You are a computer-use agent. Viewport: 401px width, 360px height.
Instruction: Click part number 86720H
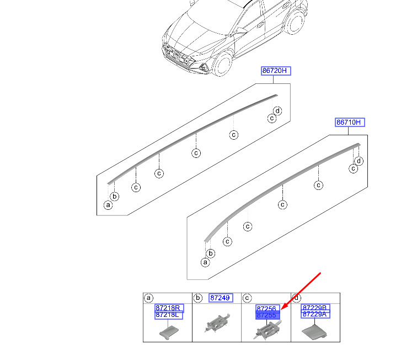click(x=276, y=71)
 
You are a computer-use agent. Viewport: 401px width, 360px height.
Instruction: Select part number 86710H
click(x=350, y=122)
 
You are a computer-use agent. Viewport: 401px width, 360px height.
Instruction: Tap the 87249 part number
click(x=221, y=298)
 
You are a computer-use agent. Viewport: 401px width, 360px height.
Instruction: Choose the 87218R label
click(x=169, y=308)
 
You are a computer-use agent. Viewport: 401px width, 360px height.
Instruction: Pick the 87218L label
click(x=169, y=315)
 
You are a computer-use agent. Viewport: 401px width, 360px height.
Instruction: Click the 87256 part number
click(x=268, y=309)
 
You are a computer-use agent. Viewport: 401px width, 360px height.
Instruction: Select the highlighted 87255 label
click(x=268, y=315)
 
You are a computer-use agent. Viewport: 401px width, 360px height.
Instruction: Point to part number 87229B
click(x=316, y=308)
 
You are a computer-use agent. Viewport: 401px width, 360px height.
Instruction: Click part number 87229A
click(x=316, y=314)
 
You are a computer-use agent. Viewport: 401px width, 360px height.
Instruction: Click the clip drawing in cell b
click(x=217, y=323)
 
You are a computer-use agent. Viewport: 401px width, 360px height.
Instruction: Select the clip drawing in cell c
click(x=268, y=330)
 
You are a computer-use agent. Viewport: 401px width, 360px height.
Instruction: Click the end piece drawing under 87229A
click(x=314, y=332)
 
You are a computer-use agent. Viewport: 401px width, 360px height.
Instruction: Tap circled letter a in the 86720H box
click(x=108, y=205)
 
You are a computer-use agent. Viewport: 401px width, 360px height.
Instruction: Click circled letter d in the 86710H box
click(x=359, y=161)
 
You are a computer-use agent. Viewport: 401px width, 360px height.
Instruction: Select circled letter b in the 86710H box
click(x=211, y=253)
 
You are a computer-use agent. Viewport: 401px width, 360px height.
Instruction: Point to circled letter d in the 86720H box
click(x=278, y=111)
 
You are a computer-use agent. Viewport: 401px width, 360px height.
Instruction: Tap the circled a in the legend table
click(x=148, y=298)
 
